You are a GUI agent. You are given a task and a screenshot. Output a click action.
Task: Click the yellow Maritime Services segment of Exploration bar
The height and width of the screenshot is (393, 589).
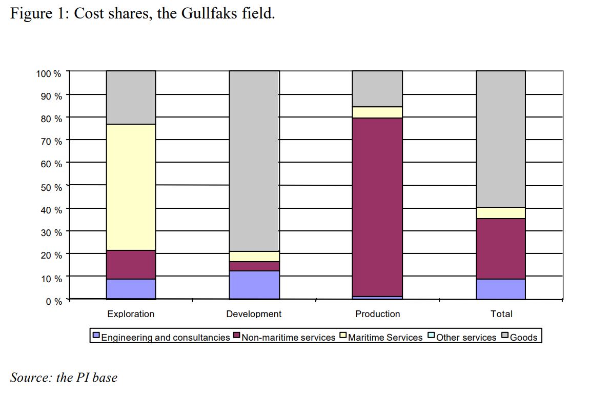coord(131,187)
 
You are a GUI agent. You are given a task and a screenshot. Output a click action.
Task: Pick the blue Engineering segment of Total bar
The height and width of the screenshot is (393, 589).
coord(501,289)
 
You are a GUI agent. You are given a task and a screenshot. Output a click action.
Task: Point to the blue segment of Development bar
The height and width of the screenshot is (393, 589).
coord(254,285)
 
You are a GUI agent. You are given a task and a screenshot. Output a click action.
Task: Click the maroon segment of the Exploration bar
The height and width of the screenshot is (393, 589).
coord(131,265)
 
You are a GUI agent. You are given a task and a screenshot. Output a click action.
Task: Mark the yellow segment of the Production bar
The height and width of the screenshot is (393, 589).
coord(377,112)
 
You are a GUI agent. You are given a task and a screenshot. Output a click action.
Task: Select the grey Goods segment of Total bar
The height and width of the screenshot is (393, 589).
coord(501,139)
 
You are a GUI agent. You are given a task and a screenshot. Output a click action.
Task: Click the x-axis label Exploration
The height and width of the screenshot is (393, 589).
coord(131,314)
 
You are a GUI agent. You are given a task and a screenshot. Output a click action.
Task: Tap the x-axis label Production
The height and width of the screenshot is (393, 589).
coord(377,314)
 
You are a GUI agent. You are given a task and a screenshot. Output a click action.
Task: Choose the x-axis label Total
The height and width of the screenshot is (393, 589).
coord(501,314)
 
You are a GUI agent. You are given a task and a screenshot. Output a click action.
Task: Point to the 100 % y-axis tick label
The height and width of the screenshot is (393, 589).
coord(49,73)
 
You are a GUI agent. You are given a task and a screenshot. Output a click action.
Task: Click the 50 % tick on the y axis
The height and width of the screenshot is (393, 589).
coord(51,187)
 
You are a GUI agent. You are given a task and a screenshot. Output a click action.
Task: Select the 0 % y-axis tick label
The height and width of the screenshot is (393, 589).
coord(53,301)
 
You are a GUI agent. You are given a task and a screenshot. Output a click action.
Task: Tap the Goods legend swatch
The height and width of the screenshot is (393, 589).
coord(505,337)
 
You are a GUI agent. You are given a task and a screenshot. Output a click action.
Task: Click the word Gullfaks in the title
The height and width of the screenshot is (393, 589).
coord(210,13)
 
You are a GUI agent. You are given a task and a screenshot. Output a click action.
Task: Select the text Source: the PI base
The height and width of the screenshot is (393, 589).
coord(64,378)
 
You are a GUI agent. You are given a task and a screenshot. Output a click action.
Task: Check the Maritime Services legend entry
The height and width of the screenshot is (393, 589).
coord(385,338)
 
